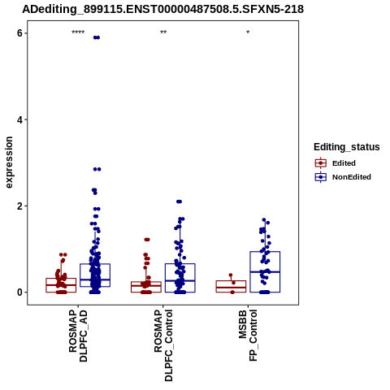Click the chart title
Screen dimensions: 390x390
click(x=162, y=9)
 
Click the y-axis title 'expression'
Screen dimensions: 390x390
click(x=9, y=162)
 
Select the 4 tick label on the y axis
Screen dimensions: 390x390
click(x=19, y=119)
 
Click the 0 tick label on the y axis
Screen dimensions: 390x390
click(x=19, y=292)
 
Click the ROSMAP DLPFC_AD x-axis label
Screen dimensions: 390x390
click(x=78, y=336)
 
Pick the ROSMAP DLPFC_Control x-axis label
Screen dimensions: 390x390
click(x=163, y=345)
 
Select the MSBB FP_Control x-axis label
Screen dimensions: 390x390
click(x=248, y=336)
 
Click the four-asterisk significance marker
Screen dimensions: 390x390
click(x=78, y=32)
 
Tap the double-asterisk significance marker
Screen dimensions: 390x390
click(x=163, y=32)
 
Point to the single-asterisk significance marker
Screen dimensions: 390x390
click(x=248, y=32)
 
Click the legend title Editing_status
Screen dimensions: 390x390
click(x=347, y=147)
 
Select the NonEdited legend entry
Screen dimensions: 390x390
click(x=343, y=177)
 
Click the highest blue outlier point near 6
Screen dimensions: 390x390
click(x=97, y=37)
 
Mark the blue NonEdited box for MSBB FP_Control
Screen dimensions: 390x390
click(x=265, y=272)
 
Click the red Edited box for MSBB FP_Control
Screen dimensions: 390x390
click(x=231, y=287)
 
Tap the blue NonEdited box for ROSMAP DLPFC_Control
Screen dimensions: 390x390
click(x=180, y=278)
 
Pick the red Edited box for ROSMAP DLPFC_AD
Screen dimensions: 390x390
click(x=61, y=285)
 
